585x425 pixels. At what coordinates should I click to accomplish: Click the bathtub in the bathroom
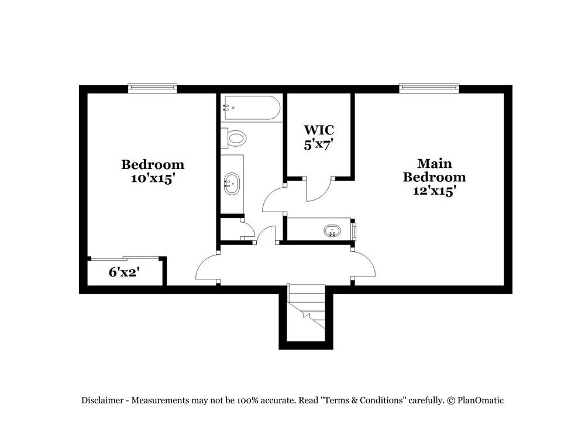point(252,108)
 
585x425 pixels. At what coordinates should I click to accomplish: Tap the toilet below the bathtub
point(235,139)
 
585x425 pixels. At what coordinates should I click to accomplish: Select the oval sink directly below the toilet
point(232,184)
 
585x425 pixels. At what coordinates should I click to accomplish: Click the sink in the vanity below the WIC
point(332,230)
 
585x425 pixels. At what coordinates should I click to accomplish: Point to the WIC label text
point(318,129)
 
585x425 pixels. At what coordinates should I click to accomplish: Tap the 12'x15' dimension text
point(434,191)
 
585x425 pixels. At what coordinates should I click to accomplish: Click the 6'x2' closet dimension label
point(123,272)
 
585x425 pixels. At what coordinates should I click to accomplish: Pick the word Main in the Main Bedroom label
point(434,163)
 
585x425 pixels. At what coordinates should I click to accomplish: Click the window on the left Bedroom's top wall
point(152,88)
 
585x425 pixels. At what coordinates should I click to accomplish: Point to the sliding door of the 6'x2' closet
point(124,258)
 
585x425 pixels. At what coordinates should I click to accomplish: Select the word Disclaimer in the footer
point(102,400)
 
